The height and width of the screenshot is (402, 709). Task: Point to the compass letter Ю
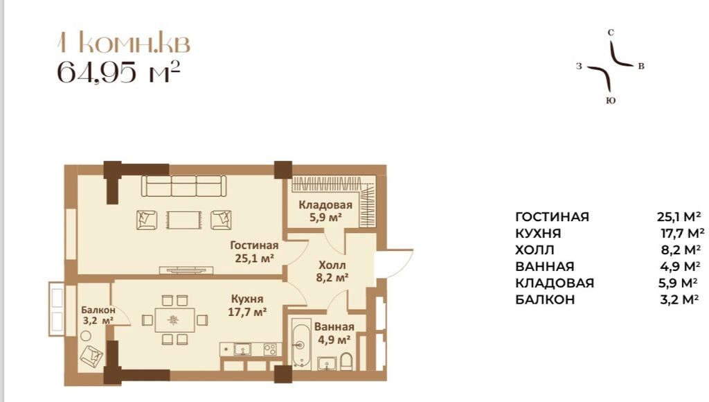pyautogui.click(x=610, y=101)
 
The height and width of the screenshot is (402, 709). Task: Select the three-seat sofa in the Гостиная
pyautogui.click(x=184, y=186)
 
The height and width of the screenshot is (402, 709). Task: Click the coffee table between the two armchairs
pyautogui.click(x=184, y=219)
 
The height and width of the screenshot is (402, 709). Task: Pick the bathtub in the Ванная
pyautogui.click(x=300, y=343)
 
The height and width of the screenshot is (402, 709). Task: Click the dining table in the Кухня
pyautogui.click(x=173, y=320)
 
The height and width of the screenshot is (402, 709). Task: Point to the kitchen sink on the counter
pyautogui.click(x=242, y=349)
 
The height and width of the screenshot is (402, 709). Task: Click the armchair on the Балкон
pyautogui.click(x=91, y=357)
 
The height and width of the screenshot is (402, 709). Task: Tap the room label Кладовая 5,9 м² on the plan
pyautogui.click(x=325, y=211)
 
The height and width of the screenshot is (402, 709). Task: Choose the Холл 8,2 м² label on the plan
pyautogui.click(x=332, y=271)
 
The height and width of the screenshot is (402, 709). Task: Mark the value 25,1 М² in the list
pyautogui.click(x=680, y=217)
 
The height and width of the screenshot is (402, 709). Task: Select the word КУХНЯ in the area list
pyautogui.click(x=538, y=234)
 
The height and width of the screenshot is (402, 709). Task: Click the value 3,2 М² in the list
pyautogui.click(x=680, y=300)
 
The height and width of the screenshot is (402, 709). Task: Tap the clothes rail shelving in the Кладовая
pyautogui.click(x=334, y=184)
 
